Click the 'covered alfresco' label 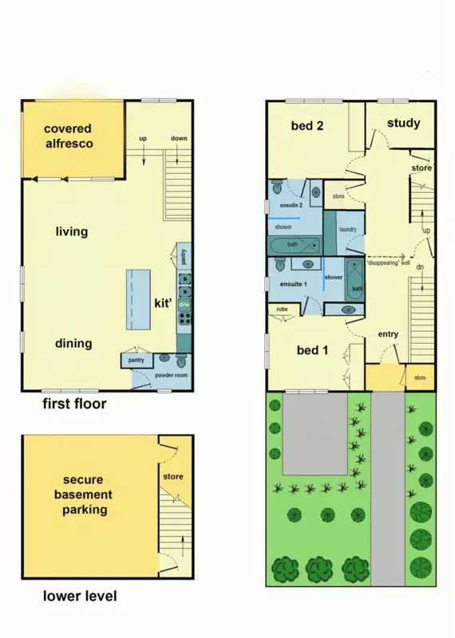[x=68, y=136]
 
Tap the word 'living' [x=72, y=232]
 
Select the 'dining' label [x=73, y=344]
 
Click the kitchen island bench [x=138, y=299]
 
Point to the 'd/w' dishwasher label [x=184, y=305]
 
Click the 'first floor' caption [x=74, y=404]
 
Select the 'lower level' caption [x=80, y=596]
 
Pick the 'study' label [x=403, y=123]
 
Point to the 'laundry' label [x=347, y=230]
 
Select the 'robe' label [x=282, y=309]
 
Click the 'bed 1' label [x=312, y=351]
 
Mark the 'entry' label [x=389, y=334]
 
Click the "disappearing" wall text [x=389, y=262]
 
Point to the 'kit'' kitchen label [x=164, y=304]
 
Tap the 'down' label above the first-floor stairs [x=179, y=139]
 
